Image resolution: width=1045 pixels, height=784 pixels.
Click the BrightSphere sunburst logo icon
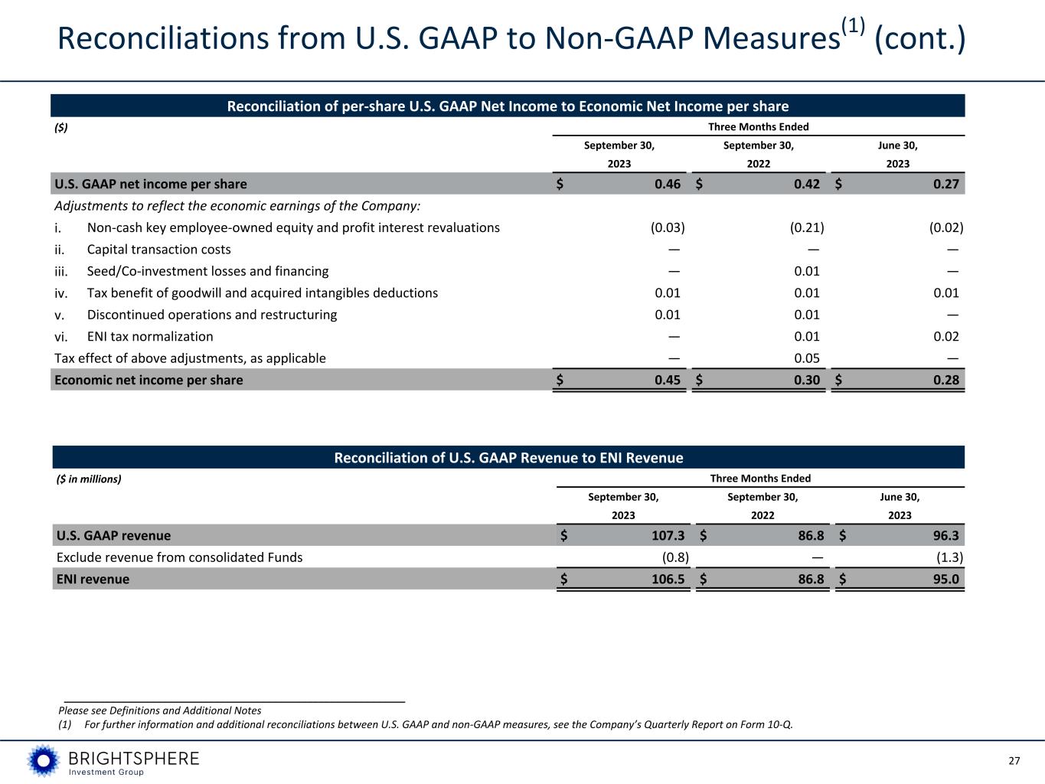[44, 760]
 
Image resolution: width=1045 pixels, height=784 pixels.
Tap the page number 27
[1014, 761]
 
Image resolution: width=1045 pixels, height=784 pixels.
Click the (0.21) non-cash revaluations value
[807, 227]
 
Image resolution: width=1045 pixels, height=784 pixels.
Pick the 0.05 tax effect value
[807, 358]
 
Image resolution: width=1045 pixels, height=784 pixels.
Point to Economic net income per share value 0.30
[807, 381]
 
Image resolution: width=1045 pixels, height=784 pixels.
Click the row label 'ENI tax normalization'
[150, 337]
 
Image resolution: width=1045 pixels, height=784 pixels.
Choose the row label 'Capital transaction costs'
[158, 250]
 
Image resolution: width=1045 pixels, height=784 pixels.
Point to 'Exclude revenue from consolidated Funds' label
[180, 557]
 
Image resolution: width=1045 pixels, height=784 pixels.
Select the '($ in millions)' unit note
[90, 479]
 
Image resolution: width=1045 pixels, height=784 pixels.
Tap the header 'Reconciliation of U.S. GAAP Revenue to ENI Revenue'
[508, 458]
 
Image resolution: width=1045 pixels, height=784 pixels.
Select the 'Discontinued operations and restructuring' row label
[211, 315]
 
